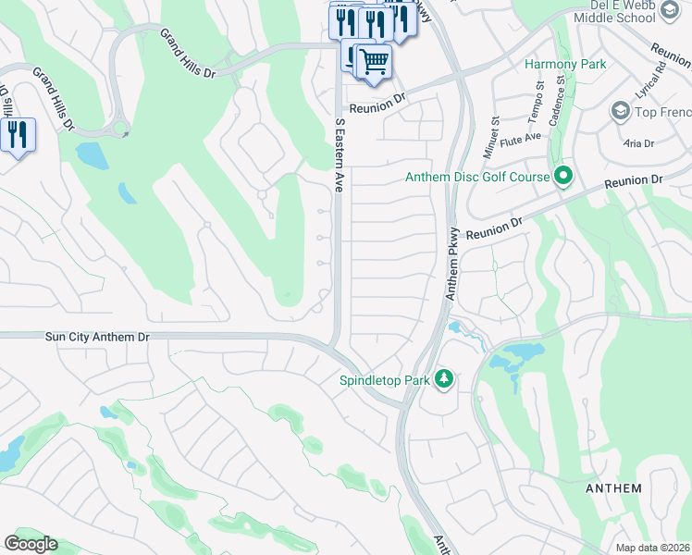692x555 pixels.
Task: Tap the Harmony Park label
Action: [x=565, y=64]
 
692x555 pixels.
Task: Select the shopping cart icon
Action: [x=374, y=62]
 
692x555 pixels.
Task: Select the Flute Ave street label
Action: [x=521, y=136]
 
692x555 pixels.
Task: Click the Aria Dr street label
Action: [x=637, y=143]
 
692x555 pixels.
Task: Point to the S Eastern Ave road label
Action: [x=340, y=154]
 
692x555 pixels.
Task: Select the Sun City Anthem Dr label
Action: [x=97, y=339]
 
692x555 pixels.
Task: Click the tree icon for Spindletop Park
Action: [x=445, y=379]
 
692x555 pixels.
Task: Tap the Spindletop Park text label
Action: [x=385, y=380]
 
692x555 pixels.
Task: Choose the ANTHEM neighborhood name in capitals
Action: [x=613, y=488]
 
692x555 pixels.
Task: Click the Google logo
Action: [x=31, y=544]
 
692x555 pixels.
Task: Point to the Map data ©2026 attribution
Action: [x=653, y=548]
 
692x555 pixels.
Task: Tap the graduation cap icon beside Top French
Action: [x=620, y=112]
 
